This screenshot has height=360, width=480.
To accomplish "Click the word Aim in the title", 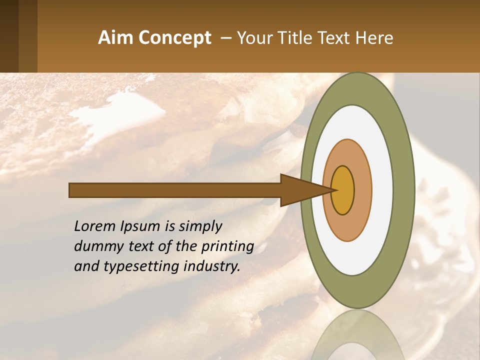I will (x=115, y=38).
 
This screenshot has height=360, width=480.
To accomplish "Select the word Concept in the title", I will (x=174, y=38).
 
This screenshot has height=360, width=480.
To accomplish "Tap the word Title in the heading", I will (x=299, y=38).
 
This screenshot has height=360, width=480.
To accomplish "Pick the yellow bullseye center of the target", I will (x=342, y=190).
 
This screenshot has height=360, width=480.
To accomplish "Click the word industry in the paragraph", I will (x=212, y=267).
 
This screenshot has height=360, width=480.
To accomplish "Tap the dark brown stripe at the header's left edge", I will (x=9, y=36).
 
